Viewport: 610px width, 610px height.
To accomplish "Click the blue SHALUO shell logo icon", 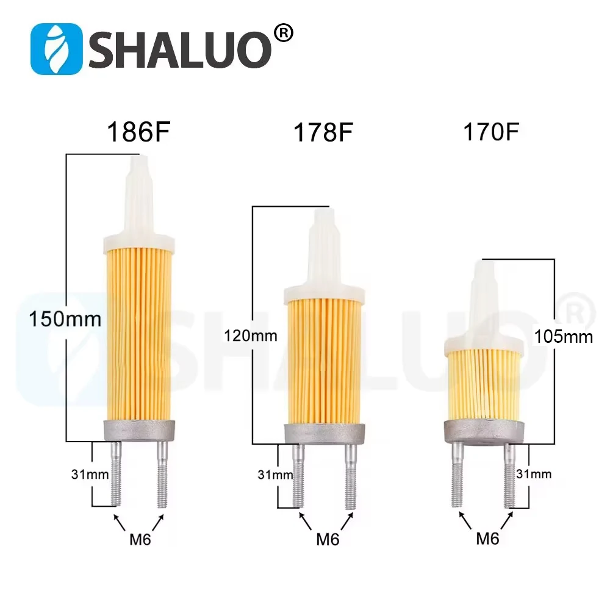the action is coord(56,49).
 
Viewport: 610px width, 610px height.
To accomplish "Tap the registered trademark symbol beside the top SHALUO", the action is coord(284,34).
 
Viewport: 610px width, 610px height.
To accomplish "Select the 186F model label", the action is coord(139,132).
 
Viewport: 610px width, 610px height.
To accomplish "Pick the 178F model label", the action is coord(323,132).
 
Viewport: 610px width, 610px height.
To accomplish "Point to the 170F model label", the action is coord(491,132).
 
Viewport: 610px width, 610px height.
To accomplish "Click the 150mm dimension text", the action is coord(65,319).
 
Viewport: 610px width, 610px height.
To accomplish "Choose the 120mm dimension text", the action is coord(251,335).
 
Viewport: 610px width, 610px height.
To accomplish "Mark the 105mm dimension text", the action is coord(563,337).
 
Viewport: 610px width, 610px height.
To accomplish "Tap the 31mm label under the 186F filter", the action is coord(90,474).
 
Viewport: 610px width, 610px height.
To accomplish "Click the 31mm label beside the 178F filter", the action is coord(275,475).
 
